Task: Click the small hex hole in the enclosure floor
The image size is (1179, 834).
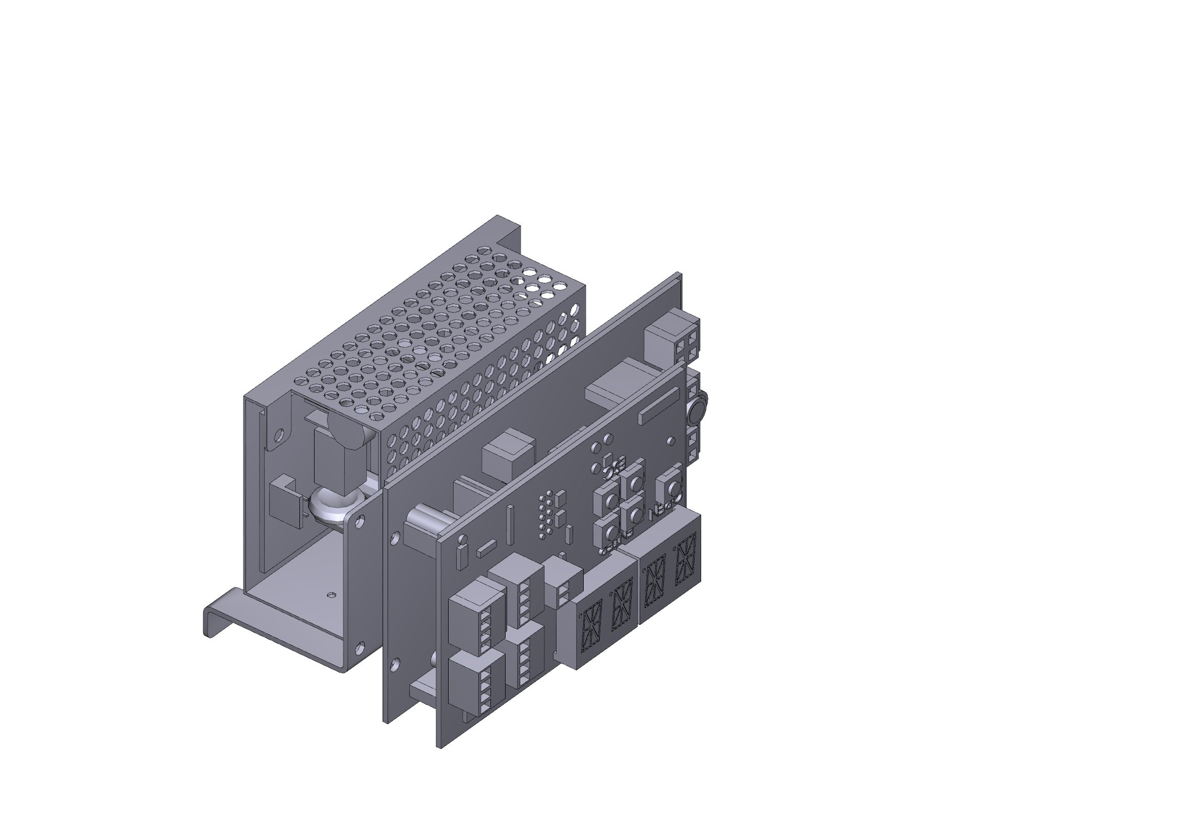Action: tap(331, 595)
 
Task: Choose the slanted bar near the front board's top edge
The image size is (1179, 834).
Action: tap(659, 406)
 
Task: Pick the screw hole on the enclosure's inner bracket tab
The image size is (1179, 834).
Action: tap(279, 436)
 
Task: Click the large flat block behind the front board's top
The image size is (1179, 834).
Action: tap(622, 385)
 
